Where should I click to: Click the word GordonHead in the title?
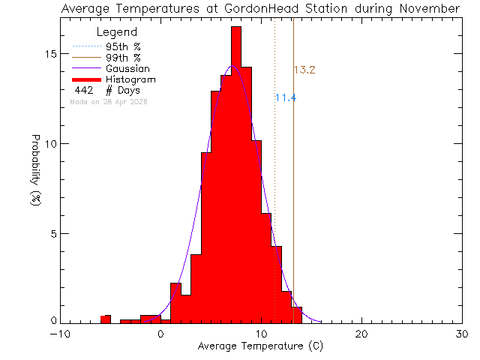click(256, 9)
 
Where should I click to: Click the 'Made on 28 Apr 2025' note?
click(108, 101)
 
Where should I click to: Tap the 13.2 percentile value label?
click(304, 70)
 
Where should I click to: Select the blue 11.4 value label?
click(286, 98)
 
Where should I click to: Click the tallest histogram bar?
click(236, 172)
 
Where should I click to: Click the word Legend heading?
click(117, 33)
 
